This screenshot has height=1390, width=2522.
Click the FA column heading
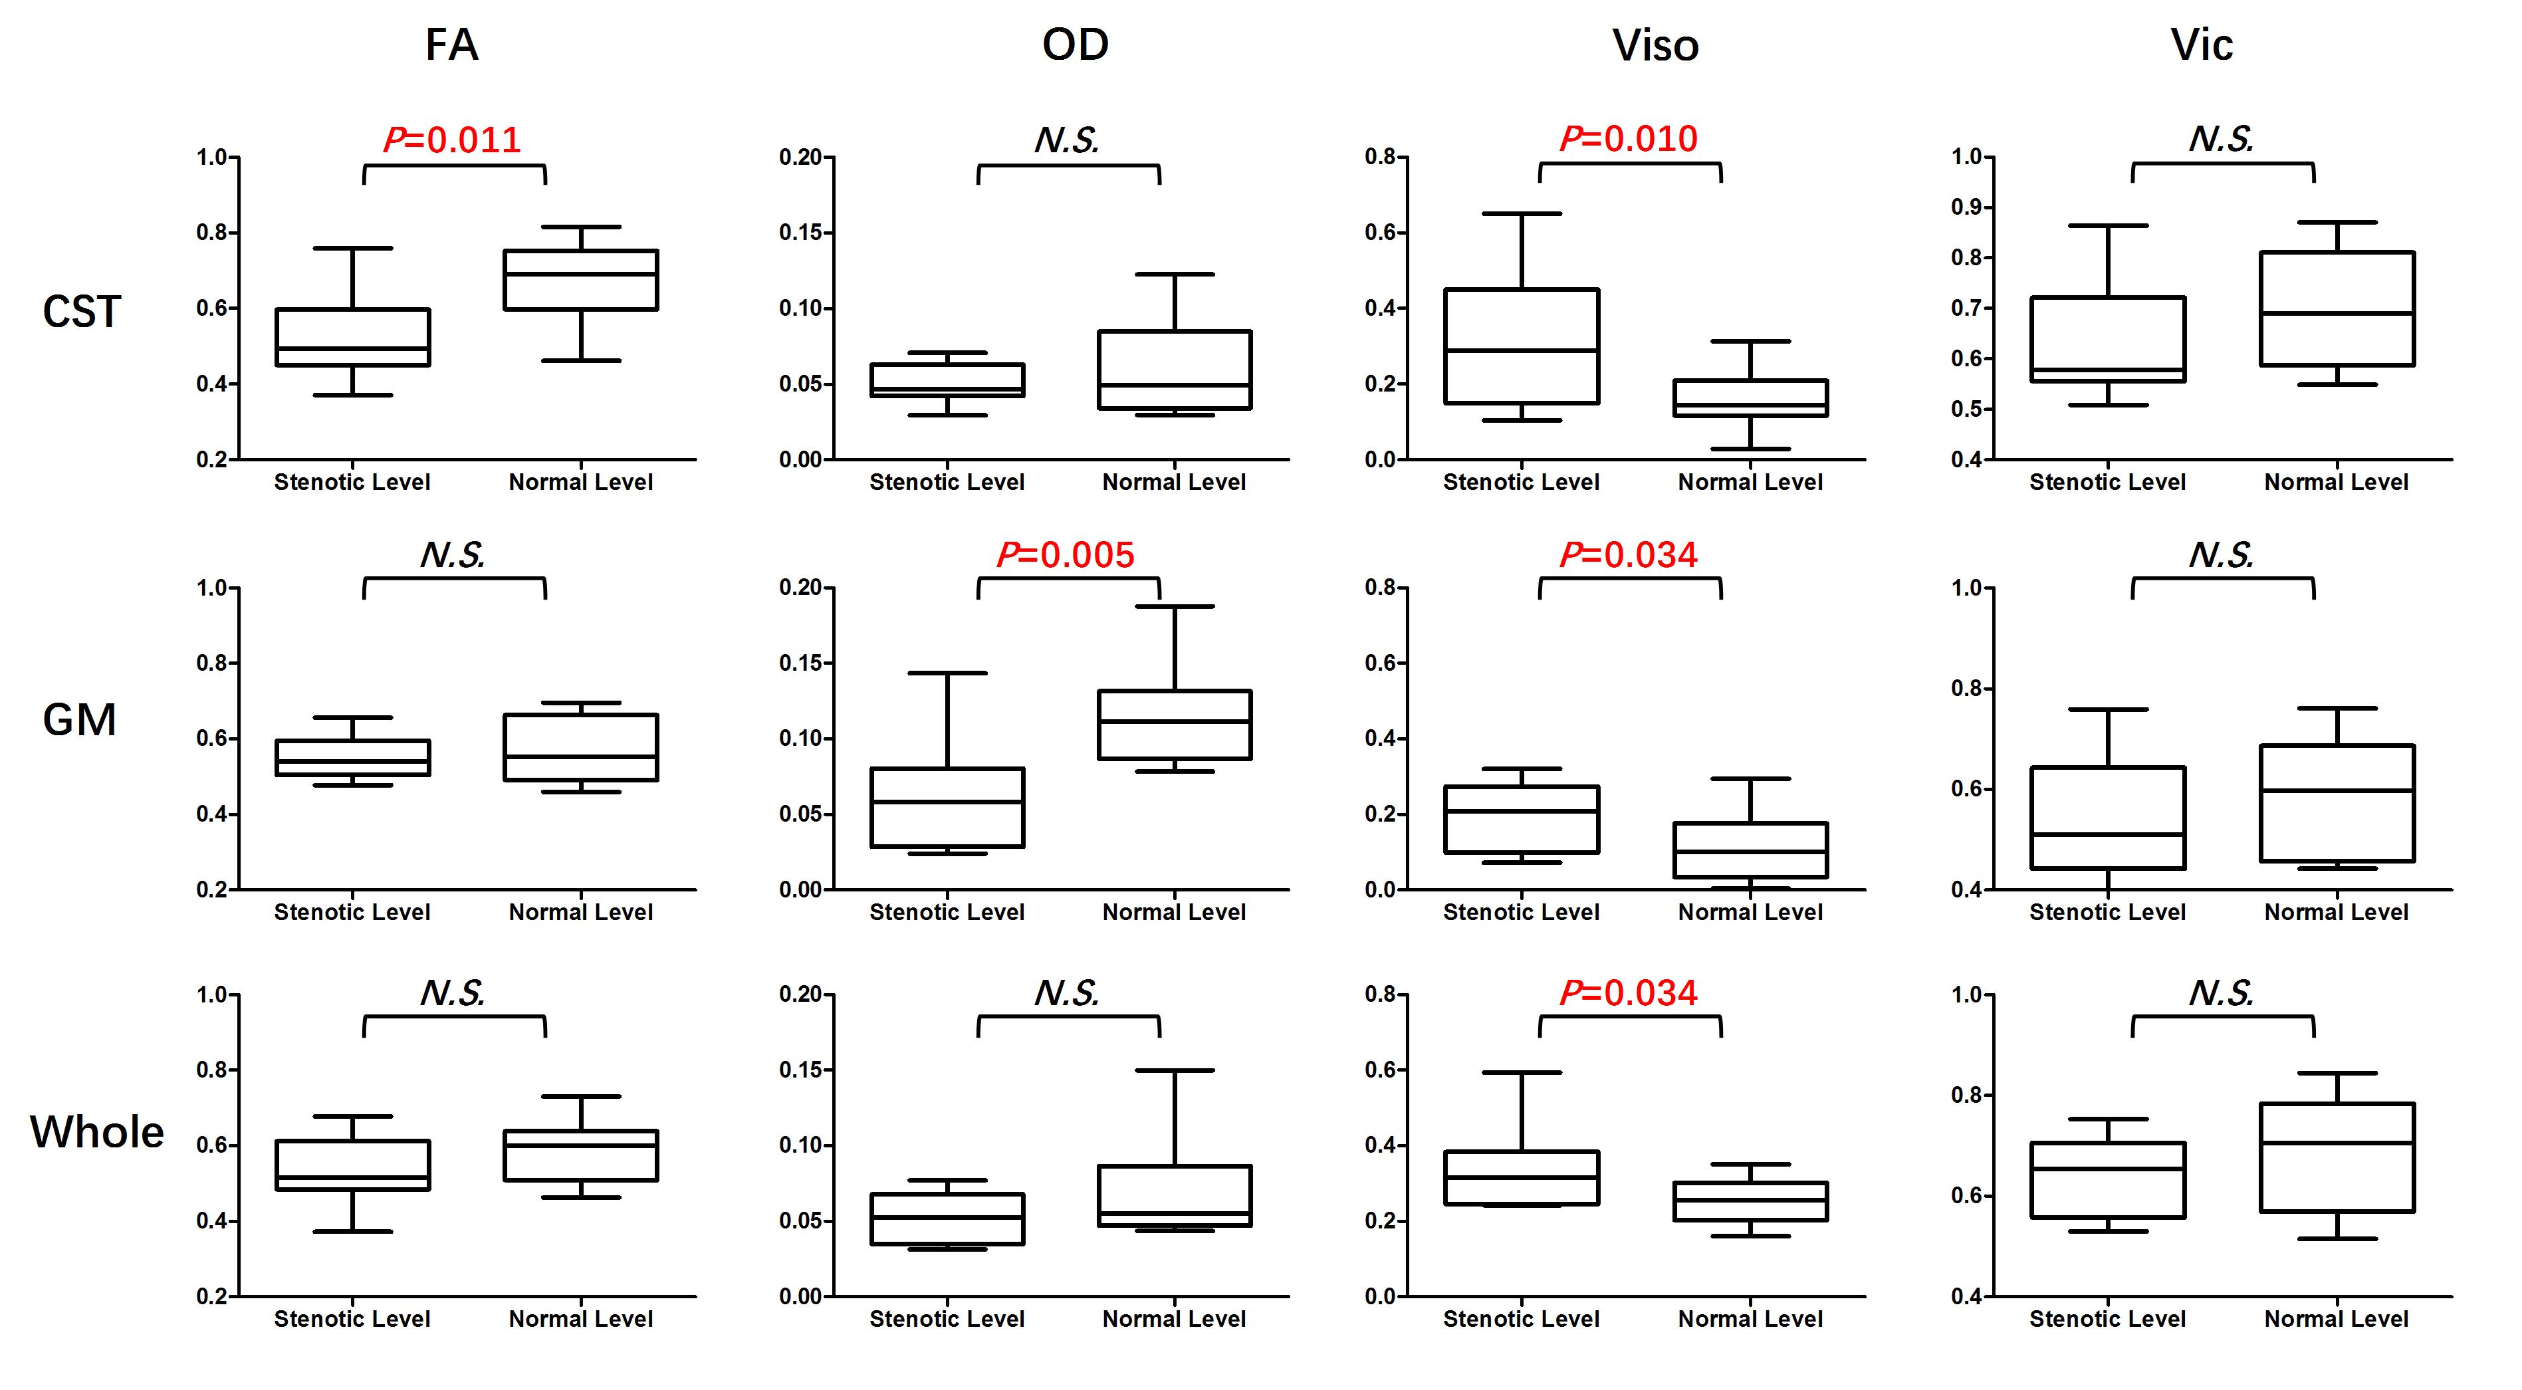click(x=451, y=45)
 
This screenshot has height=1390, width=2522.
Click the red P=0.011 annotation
click(x=452, y=140)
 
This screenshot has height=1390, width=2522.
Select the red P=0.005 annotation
click(x=1065, y=555)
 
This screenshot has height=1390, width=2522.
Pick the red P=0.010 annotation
click(x=1628, y=139)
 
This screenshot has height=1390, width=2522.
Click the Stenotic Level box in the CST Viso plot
click(x=1522, y=346)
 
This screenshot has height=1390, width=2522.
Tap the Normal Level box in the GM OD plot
click(x=1174, y=725)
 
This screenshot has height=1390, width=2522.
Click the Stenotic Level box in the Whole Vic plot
click(x=2108, y=1179)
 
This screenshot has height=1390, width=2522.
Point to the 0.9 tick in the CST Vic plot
click(x=1968, y=207)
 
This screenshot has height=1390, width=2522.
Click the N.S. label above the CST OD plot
click(x=1066, y=140)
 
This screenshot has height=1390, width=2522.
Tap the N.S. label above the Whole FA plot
click(x=452, y=994)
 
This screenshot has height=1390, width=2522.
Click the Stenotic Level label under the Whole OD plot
click(x=947, y=1319)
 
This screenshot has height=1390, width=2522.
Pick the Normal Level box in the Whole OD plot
click(x=1174, y=1195)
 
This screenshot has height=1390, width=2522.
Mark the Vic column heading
click(x=2202, y=45)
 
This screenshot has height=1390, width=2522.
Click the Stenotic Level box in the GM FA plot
click(x=352, y=758)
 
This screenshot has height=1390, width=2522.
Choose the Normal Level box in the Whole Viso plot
click(x=1750, y=1201)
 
